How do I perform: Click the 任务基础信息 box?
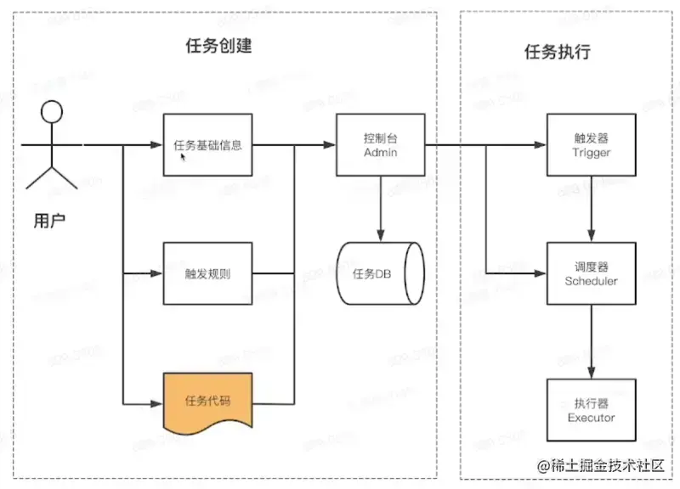tap(207, 144)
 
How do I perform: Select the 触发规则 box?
tap(207, 274)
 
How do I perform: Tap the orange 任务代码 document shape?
tap(207, 401)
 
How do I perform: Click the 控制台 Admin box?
tap(380, 145)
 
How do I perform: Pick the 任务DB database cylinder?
tap(381, 274)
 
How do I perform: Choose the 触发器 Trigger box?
tap(591, 145)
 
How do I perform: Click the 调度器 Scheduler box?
tap(591, 274)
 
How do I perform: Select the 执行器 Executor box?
tap(591, 410)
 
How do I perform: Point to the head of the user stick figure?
tap(53, 112)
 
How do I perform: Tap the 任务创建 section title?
tap(218, 46)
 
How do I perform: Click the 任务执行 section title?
tap(558, 52)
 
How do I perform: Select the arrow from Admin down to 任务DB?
tap(380, 208)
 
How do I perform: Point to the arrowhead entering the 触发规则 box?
tap(157, 274)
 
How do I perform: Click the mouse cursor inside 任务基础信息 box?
tap(183, 156)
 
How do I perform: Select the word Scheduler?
tap(591, 281)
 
